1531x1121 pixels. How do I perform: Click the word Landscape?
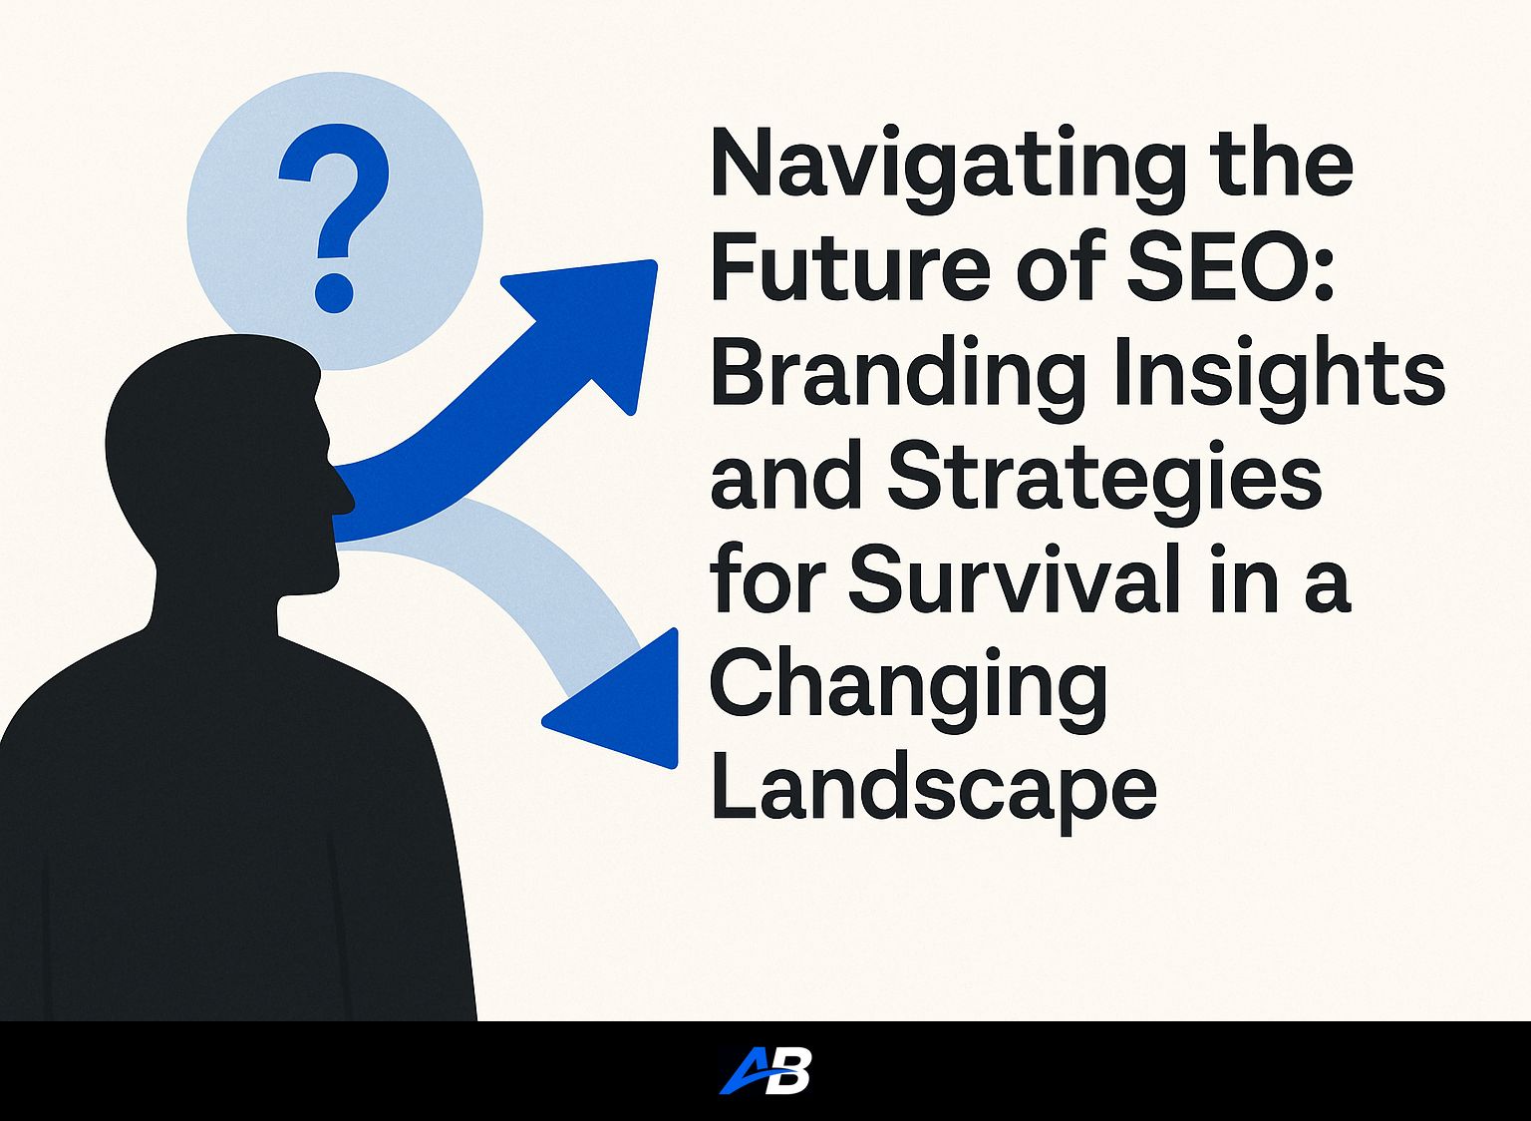[x=934, y=795]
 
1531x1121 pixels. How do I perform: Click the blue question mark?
[x=334, y=217]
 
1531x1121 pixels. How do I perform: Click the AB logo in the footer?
[x=765, y=1070]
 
